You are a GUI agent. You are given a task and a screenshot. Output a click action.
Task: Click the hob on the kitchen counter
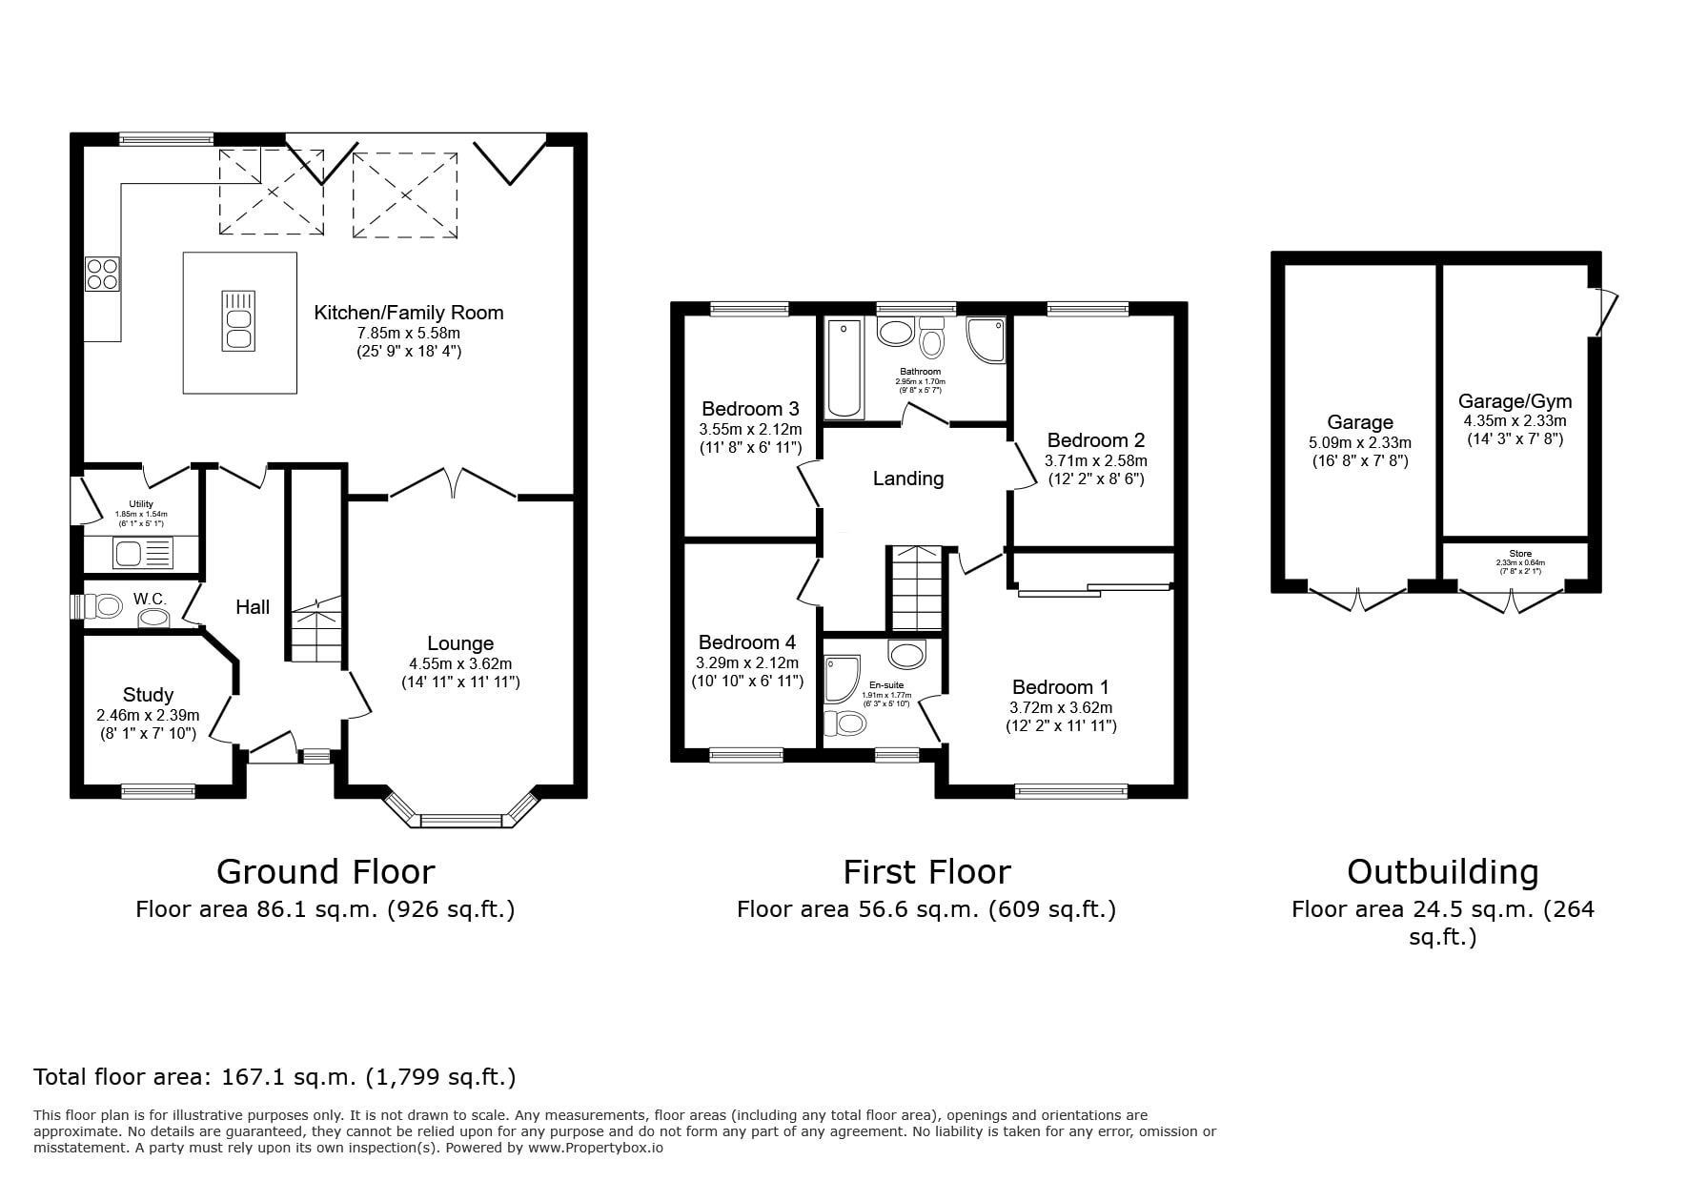[102, 275]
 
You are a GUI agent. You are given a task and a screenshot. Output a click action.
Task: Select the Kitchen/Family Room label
[409, 313]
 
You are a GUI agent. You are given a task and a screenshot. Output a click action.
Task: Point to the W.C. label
[150, 599]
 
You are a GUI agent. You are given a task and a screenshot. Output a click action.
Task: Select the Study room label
[148, 695]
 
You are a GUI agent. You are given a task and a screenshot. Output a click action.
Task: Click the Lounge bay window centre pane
[460, 820]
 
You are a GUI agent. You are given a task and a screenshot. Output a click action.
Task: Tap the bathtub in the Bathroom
[845, 369]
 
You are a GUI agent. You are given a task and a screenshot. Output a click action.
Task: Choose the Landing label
[908, 479]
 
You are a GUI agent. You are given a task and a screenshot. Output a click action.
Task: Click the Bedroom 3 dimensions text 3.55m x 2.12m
[750, 430]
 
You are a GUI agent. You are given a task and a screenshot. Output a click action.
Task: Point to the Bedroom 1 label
[1060, 687]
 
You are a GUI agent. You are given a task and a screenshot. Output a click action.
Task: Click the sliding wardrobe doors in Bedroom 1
[1094, 589]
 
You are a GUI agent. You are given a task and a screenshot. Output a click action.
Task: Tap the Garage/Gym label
[1515, 401]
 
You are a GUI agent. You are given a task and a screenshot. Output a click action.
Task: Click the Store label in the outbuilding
[1520, 554]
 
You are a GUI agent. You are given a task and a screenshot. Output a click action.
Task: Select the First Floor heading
[926, 871]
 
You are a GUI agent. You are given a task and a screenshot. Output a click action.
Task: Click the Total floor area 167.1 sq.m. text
[275, 1077]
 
